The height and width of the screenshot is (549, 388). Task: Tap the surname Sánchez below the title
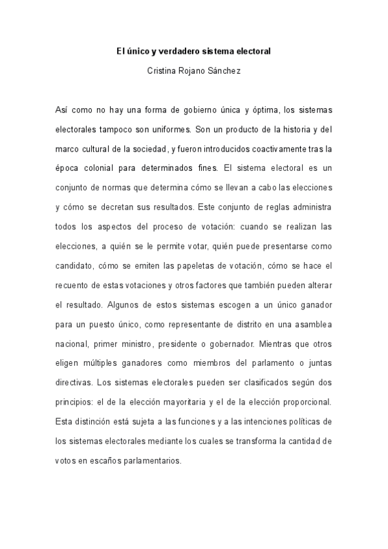223,67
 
